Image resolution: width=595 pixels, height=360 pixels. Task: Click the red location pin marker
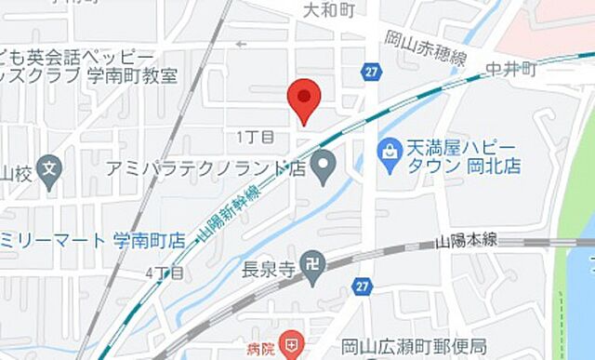pyautogui.click(x=304, y=100)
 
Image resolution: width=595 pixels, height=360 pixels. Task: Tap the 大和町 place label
pyautogui.click(x=330, y=9)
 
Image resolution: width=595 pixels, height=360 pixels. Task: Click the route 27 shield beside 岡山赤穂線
pyautogui.click(x=372, y=72)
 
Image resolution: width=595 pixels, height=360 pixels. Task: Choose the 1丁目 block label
pyautogui.click(x=256, y=137)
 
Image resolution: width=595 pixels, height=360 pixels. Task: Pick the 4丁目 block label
pyautogui.click(x=164, y=273)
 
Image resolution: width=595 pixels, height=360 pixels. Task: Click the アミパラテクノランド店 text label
pyautogui.click(x=206, y=168)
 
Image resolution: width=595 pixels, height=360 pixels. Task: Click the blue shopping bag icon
pyautogui.click(x=388, y=149)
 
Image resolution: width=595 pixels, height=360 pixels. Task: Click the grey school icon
pyautogui.click(x=51, y=171)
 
